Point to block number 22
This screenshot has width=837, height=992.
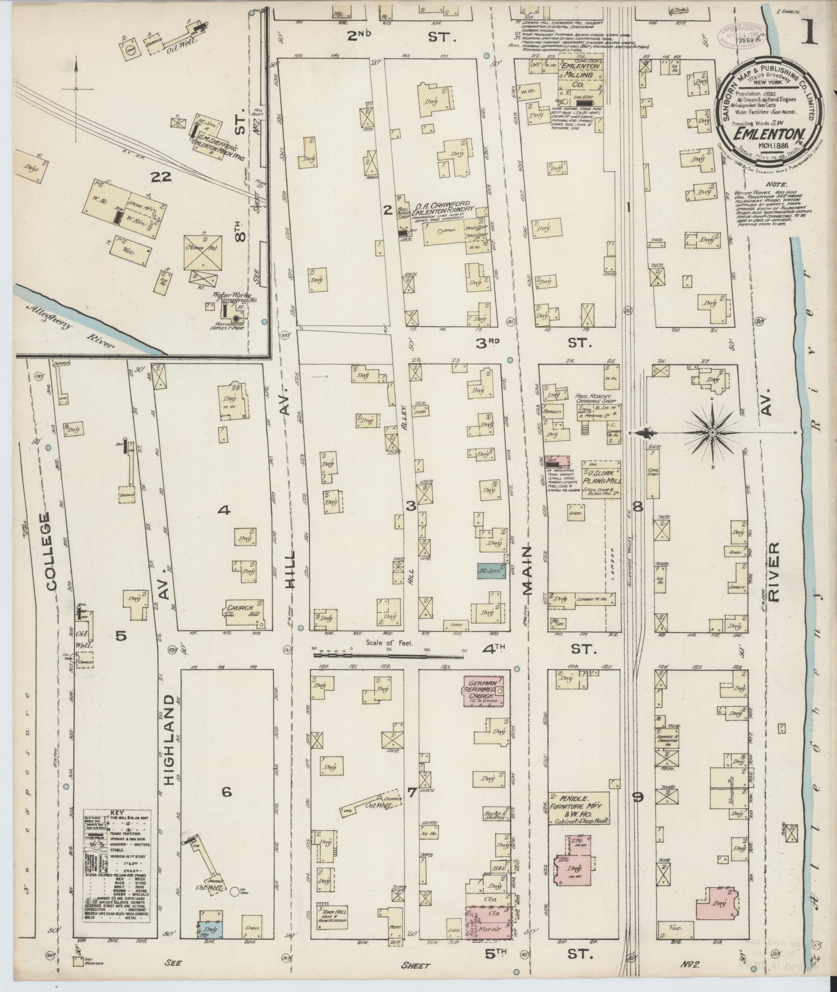coord(161,178)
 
